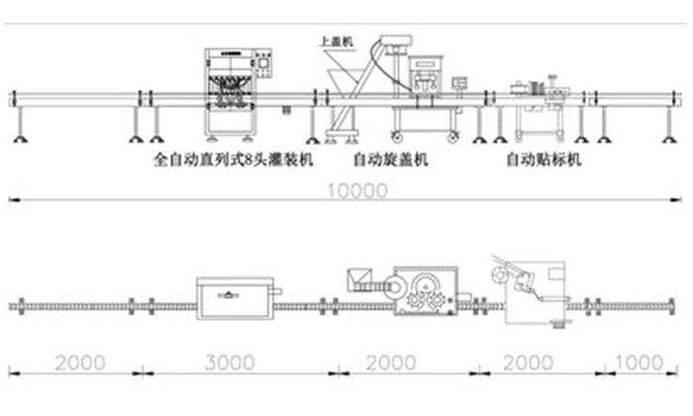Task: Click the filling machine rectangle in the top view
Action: pyautogui.click(x=235, y=294)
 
